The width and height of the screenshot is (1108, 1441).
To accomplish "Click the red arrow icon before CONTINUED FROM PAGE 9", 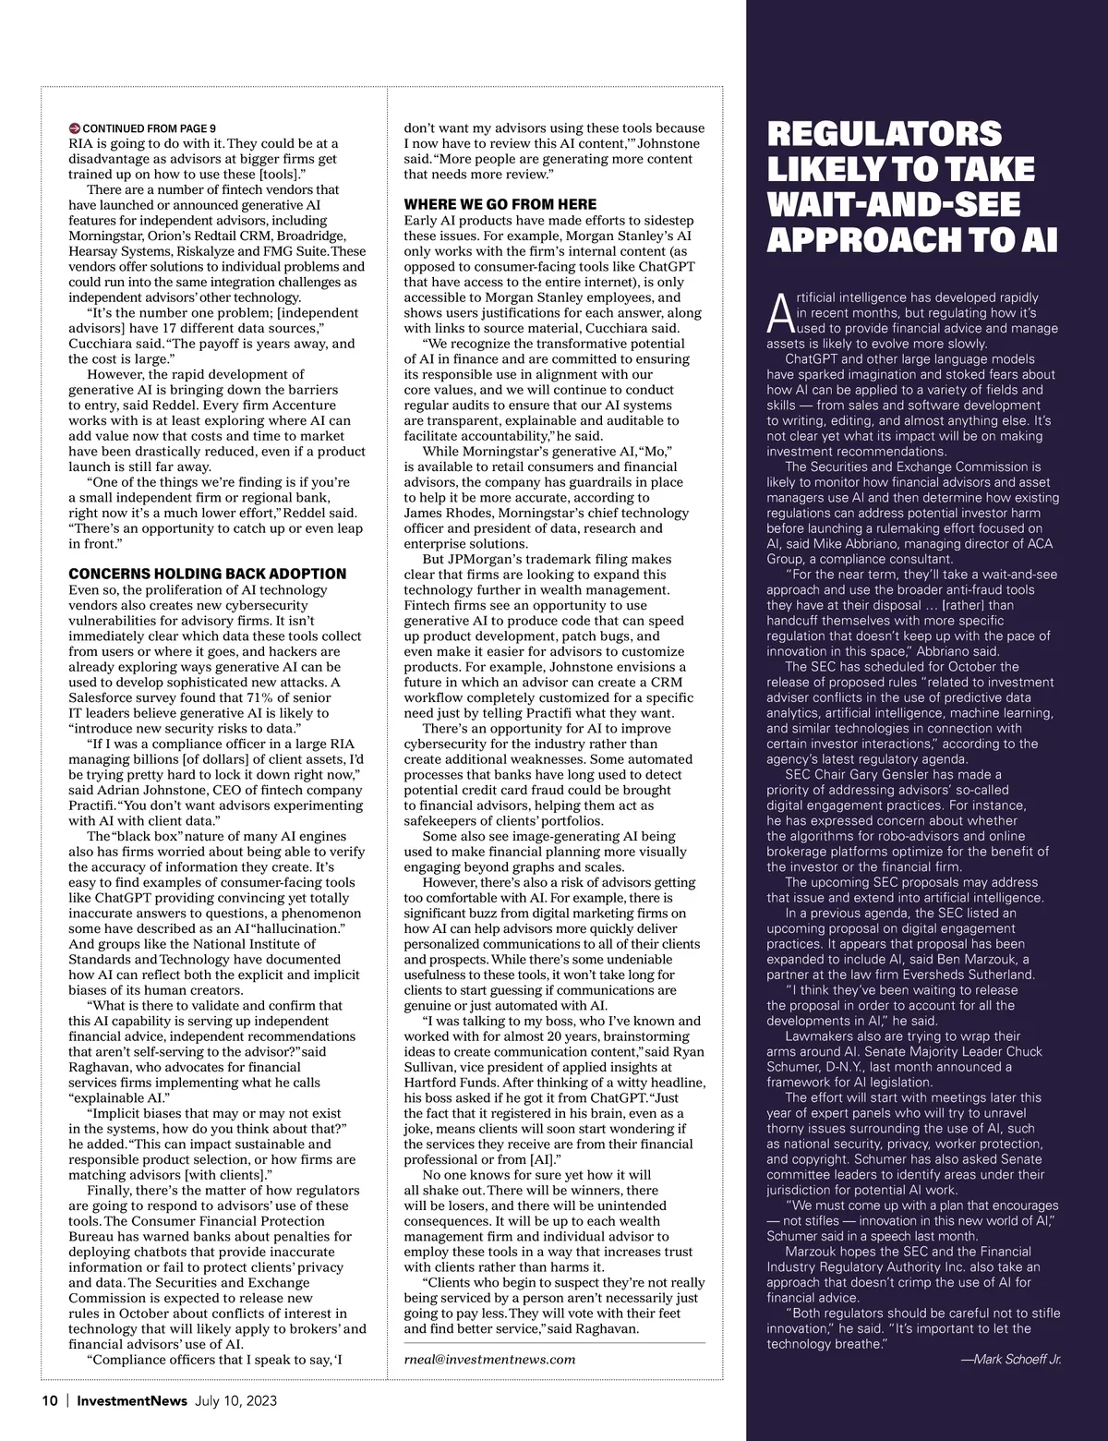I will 75,127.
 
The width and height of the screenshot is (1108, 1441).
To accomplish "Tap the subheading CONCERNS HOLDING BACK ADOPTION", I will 208,574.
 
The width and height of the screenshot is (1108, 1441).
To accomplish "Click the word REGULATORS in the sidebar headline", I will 884,134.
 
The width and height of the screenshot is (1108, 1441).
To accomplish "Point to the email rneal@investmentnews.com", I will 489,1359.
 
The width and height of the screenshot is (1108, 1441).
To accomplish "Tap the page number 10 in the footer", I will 50,1400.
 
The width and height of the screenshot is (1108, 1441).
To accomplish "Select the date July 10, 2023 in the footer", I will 235,1400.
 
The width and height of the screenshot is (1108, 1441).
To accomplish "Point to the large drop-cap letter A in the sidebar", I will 779,314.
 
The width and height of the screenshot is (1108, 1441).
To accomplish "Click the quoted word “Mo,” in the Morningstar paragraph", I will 655,451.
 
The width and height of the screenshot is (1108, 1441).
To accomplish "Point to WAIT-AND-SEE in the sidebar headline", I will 893,204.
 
